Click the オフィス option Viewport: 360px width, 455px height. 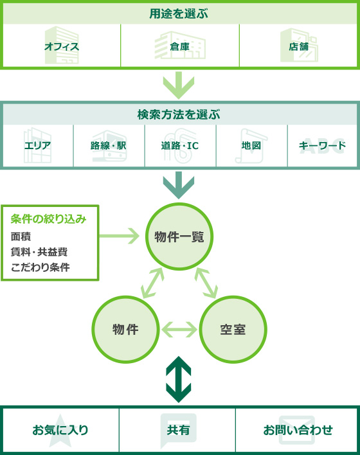62,46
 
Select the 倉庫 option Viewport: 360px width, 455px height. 180,46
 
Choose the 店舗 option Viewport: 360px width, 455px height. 298,46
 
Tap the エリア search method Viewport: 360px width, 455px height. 38,146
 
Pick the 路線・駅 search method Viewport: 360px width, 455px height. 109,146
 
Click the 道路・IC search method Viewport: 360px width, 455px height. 180,146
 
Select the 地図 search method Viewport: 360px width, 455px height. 251,146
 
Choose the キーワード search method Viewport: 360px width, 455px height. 322,146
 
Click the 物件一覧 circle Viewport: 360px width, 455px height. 179,236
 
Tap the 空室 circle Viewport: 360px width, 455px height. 233,329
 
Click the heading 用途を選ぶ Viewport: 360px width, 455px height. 179,13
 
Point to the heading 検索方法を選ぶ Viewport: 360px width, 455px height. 179,114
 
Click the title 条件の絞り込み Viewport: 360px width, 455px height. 48,219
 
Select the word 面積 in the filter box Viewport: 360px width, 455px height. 21,236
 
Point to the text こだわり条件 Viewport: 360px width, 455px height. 40,267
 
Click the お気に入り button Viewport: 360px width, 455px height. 60,430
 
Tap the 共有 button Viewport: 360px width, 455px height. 177,430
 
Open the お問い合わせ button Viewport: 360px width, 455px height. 296,430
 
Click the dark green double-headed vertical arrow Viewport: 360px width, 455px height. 179,380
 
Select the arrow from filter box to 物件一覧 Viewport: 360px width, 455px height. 120,236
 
